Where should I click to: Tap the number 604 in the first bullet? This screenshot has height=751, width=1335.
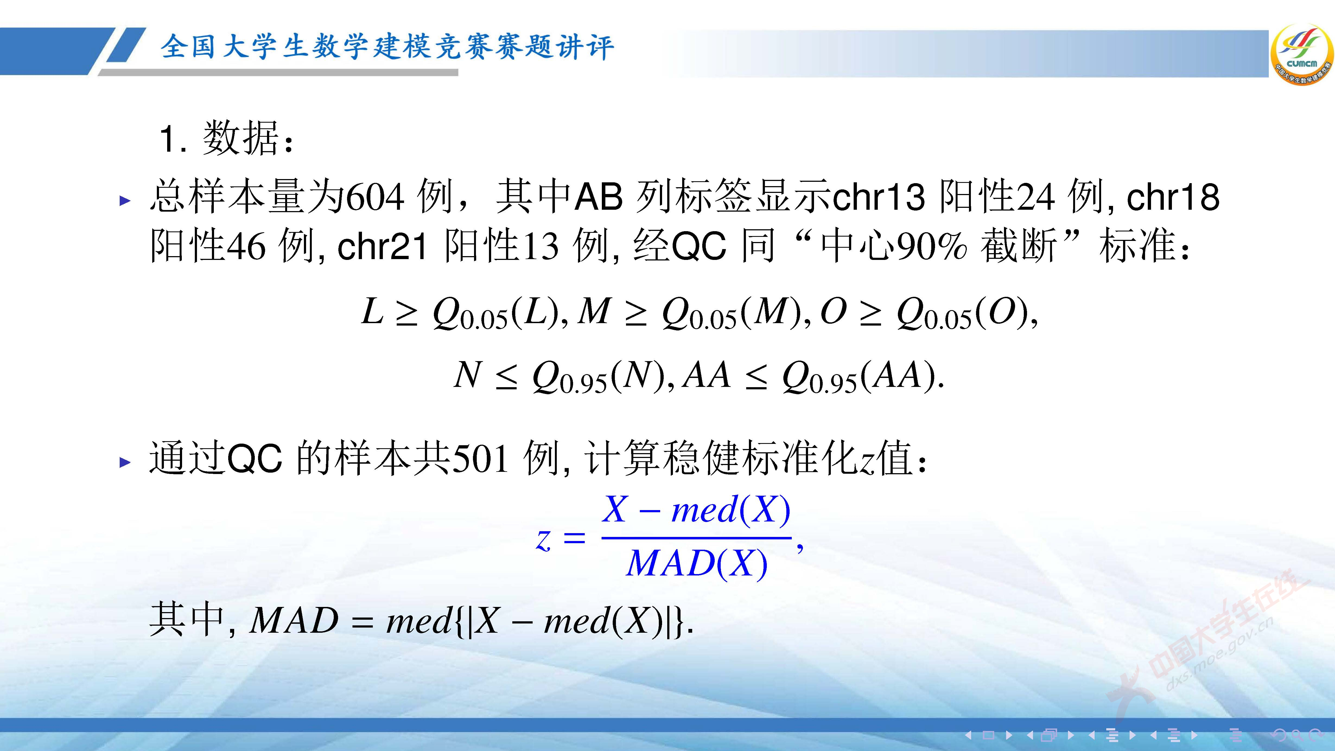pos(375,198)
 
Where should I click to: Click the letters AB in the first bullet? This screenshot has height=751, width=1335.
pos(599,198)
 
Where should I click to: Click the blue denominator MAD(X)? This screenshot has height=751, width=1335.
pos(697,563)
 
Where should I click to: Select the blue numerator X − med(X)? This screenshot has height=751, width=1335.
pos(696,510)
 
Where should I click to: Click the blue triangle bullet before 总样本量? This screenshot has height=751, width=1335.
pos(125,201)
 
